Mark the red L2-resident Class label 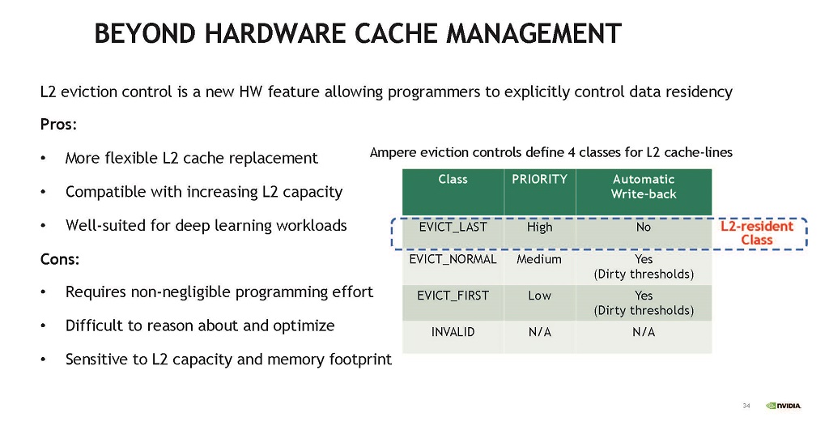pos(757,233)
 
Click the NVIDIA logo pos(784,406)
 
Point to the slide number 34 pos(746,406)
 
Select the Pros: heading pos(58,125)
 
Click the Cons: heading pos(60,260)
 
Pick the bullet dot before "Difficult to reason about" pos(44,326)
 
